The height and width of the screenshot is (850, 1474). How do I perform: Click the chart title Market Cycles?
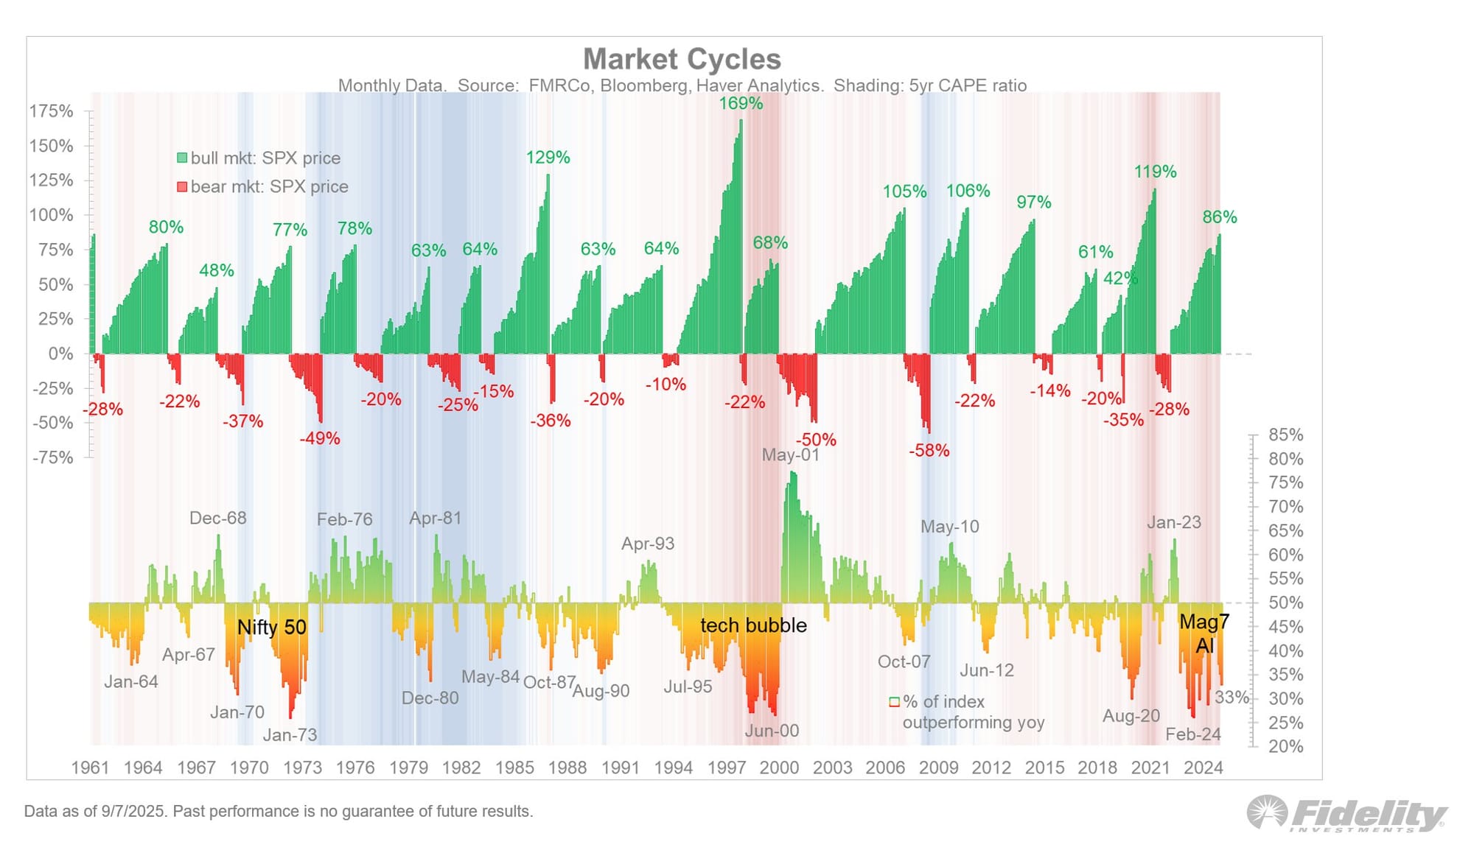pos(682,59)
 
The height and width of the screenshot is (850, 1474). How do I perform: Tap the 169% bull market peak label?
pos(741,104)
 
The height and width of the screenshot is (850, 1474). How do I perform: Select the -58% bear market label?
pos(929,451)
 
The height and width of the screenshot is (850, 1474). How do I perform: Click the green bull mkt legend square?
pos(182,158)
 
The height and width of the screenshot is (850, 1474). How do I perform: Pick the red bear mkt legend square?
pos(182,187)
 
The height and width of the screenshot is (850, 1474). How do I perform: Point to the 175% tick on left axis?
pos(51,111)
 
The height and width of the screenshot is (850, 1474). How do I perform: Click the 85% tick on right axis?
pos(1285,435)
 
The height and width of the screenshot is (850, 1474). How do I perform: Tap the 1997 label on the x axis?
pos(727,768)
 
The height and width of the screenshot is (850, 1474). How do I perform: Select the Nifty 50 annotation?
pos(271,628)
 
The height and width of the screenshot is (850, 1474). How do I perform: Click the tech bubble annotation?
pos(753,625)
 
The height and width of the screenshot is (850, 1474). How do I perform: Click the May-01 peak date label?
pos(790,454)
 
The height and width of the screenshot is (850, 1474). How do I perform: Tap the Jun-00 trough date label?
pos(772,731)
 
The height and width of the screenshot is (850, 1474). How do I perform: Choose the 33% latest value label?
pos(1232,697)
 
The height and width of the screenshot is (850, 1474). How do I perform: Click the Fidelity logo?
pos(1347,814)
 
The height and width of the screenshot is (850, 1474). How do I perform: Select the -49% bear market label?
pos(320,439)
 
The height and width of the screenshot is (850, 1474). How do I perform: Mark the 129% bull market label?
pos(548,158)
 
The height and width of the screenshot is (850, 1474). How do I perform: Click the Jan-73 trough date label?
pos(290,735)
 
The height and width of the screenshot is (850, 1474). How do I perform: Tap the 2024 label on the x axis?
pos(1203,768)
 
